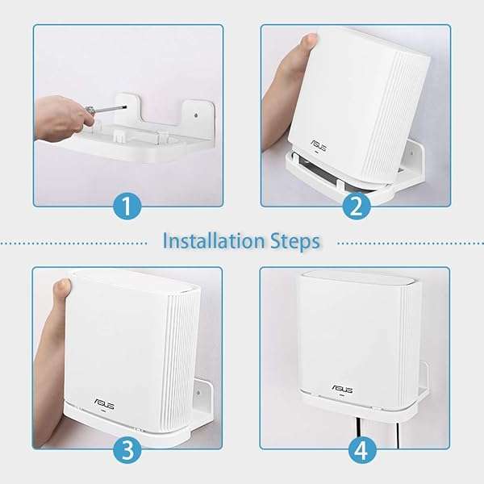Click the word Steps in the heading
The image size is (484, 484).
(294, 240)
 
